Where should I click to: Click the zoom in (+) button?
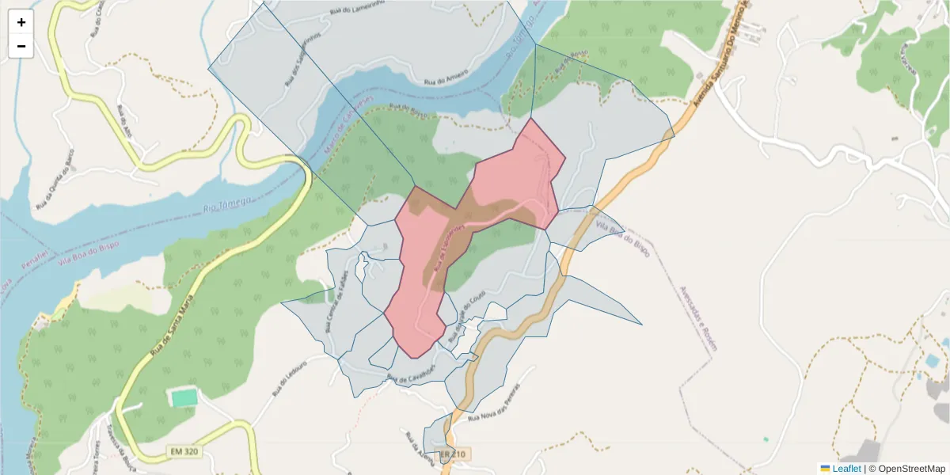tap(21, 23)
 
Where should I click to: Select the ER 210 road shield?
tap(456, 454)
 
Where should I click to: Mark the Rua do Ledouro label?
tap(288, 383)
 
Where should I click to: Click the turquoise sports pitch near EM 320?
tap(184, 397)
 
